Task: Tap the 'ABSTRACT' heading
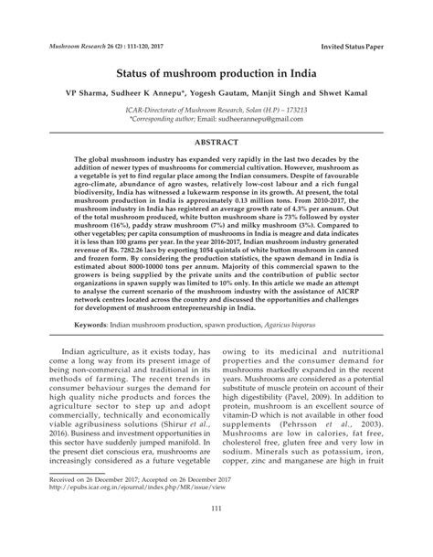tap(216, 142)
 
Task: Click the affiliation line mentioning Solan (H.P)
tap(216, 108)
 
